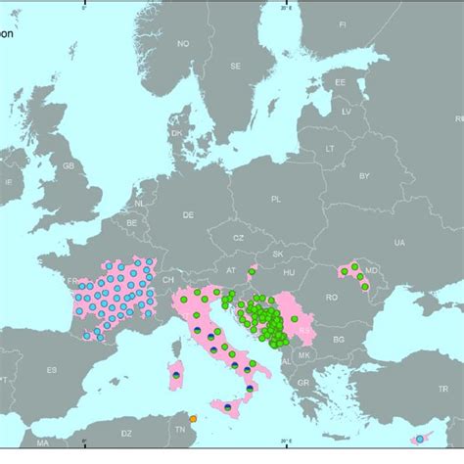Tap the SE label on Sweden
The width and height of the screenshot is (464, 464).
coord(235,66)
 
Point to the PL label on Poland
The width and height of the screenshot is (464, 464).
coord(276,198)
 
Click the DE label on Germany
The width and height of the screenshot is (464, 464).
coord(188,212)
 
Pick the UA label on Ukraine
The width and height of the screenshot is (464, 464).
coord(398,242)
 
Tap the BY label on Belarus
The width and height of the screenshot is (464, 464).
coord(364,176)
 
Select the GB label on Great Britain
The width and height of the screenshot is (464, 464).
coord(68,166)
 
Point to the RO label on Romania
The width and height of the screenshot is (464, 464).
coord(332,296)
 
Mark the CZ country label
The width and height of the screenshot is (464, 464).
coord(238,238)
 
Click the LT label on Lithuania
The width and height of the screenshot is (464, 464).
coord(329,147)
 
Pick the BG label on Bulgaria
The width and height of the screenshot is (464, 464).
coord(339,339)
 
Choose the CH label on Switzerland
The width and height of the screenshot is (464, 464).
coord(168,278)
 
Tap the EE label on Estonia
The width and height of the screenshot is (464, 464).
coord(340,84)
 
